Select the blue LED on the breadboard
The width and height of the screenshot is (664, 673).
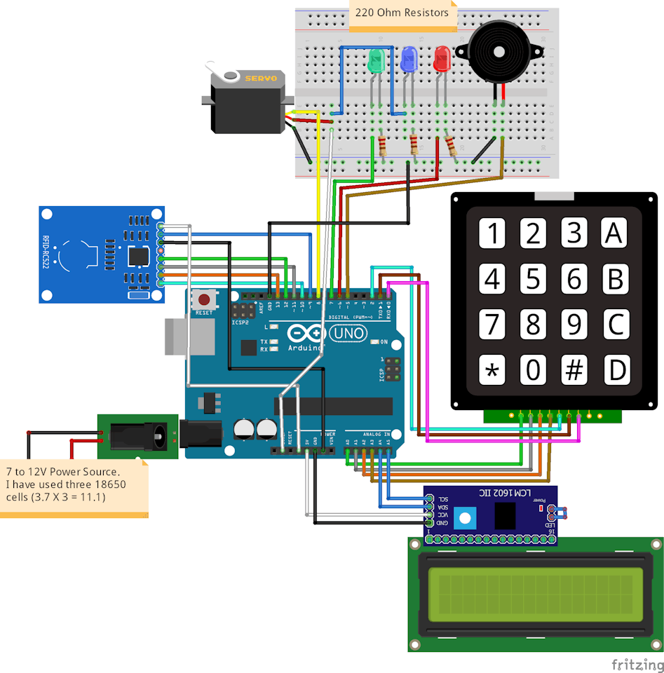(x=409, y=60)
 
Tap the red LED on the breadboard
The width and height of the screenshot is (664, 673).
(x=442, y=59)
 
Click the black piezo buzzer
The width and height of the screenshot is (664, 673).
(x=498, y=50)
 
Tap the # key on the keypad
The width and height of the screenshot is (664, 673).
(x=574, y=369)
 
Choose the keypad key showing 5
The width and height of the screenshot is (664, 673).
(x=534, y=279)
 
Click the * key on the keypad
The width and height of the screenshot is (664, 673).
(x=493, y=369)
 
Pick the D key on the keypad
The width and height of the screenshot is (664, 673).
(x=615, y=369)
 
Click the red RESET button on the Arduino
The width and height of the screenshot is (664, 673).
(x=204, y=299)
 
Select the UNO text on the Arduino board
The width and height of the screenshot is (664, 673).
(x=348, y=334)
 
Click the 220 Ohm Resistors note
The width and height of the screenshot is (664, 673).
(x=403, y=13)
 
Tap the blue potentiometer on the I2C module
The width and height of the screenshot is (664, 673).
(x=463, y=519)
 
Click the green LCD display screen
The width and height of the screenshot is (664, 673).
(x=536, y=593)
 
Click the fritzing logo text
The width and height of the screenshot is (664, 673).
(x=637, y=663)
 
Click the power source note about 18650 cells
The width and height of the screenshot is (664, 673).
(x=74, y=484)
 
